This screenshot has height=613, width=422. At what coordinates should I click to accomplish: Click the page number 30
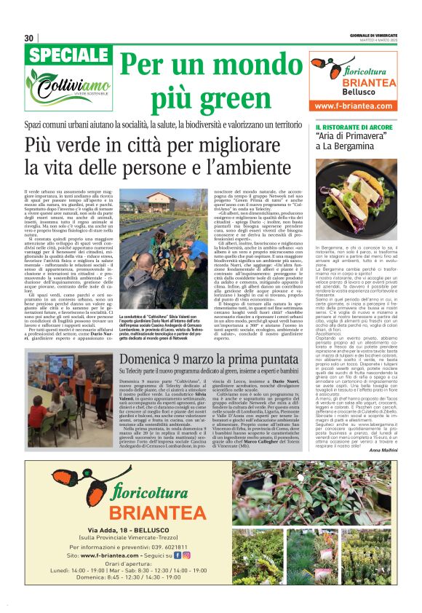point(29,38)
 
